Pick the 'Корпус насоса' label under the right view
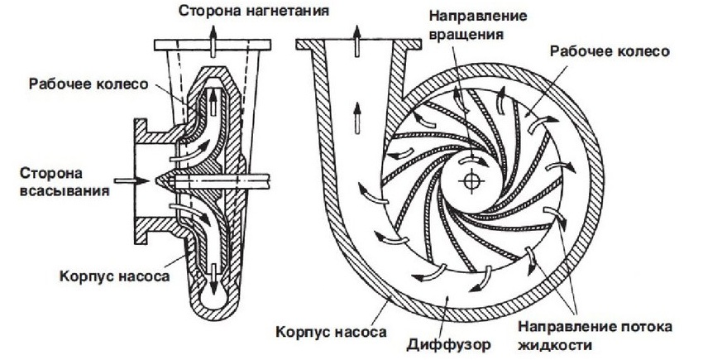pyautogui.click(x=329, y=332)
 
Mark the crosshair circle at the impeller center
pyautogui.click(x=474, y=179)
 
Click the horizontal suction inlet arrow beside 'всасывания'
pyautogui.click(x=121, y=178)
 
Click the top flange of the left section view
pyautogui.click(x=213, y=44)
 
